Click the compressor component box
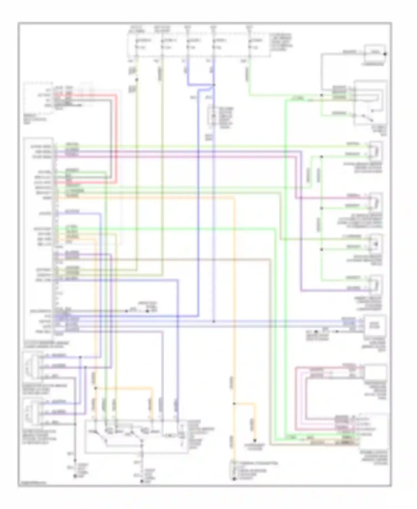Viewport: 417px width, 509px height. point(375,52)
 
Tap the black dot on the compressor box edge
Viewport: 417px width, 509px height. point(385,54)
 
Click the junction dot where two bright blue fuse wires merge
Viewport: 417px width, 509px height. point(214,85)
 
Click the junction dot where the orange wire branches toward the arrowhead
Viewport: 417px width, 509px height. point(234,403)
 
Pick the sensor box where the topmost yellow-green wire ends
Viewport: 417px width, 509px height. point(376,150)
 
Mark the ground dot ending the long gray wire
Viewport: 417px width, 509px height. point(75,476)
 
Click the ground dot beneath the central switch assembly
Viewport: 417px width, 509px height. point(142,481)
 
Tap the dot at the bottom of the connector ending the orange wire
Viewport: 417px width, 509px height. point(234,479)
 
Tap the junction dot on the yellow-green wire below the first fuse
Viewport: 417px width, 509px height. point(136,80)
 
